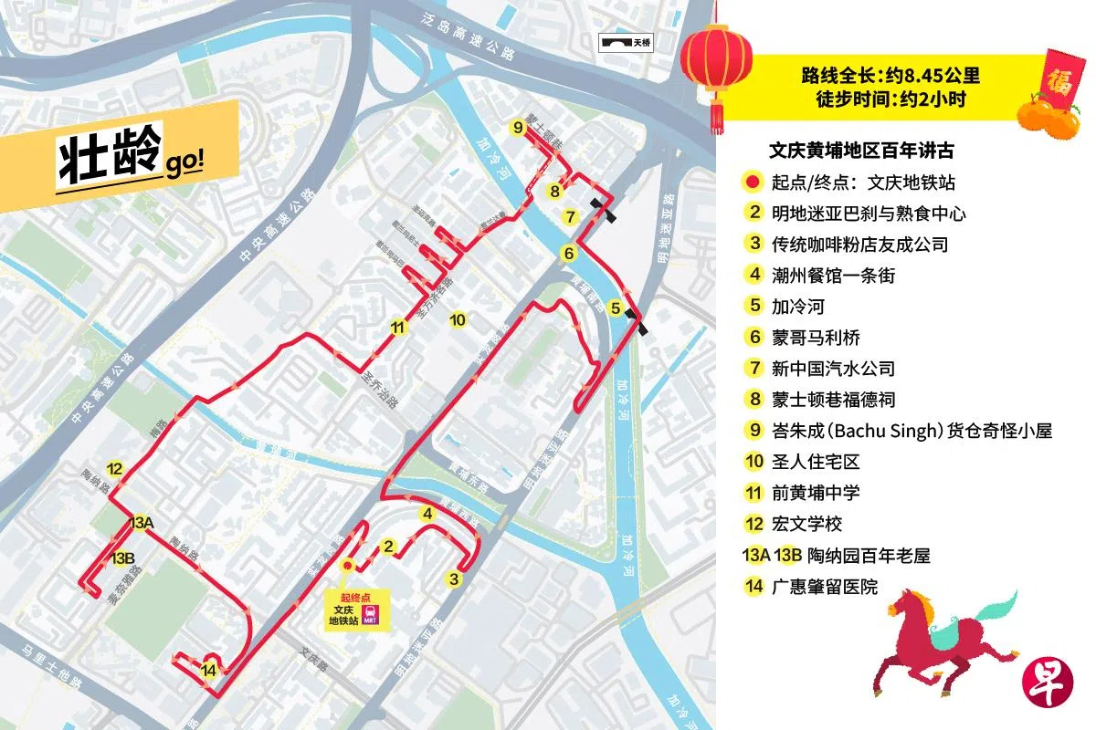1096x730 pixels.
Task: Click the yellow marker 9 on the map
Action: [x=518, y=129]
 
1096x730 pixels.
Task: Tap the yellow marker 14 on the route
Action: [x=210, y=671]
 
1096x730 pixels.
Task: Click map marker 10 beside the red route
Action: [x=458, y=319]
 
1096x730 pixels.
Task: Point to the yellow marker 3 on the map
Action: [x=453, y=578]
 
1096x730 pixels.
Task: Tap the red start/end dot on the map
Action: [x=347, y=565]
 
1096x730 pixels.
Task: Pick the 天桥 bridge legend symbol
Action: [x=626, y=42]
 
